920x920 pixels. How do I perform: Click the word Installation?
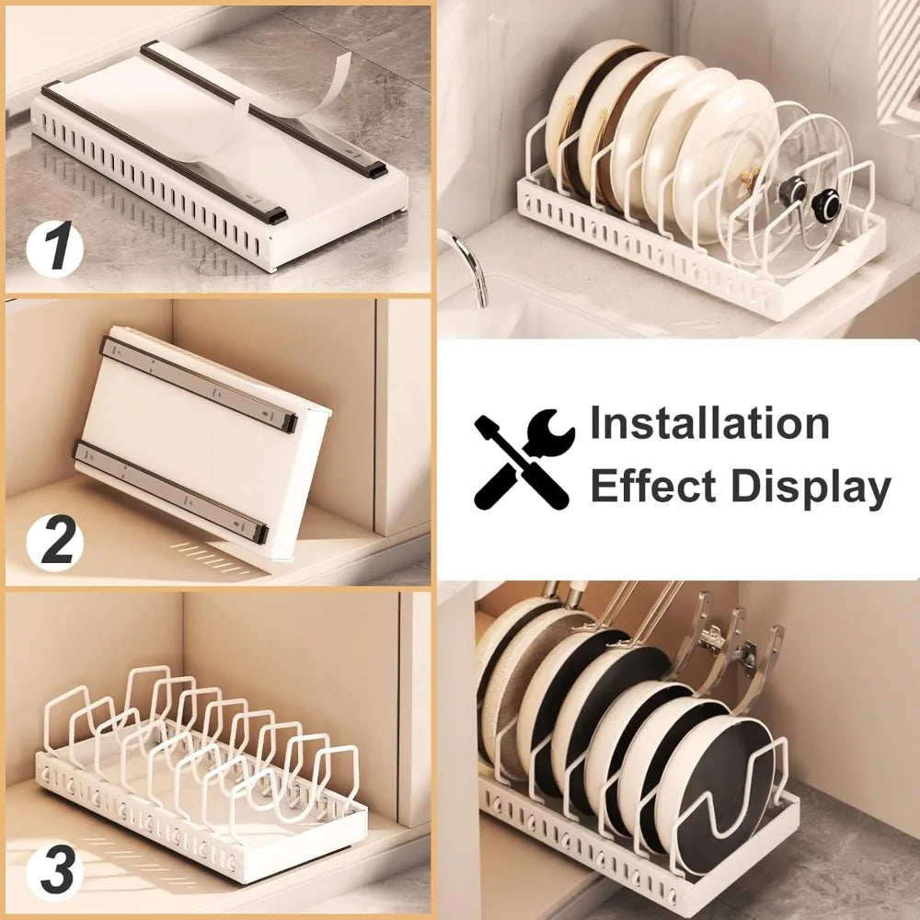coord(709,424)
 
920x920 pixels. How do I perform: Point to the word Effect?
coord(648,486)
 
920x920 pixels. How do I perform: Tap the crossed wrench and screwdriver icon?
coord(523,457)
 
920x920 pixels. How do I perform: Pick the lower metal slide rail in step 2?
coord(170,488)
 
